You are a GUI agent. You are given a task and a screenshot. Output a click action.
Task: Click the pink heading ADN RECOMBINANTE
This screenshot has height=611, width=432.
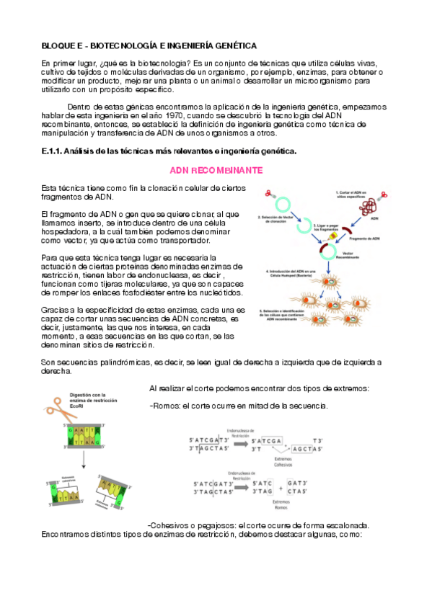(x=216, y=170)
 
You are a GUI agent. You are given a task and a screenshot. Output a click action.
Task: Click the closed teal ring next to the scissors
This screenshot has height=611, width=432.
(x=286, y=205)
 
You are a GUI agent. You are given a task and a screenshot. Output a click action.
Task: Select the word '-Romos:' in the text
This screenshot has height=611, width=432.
(x=165, y=406)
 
